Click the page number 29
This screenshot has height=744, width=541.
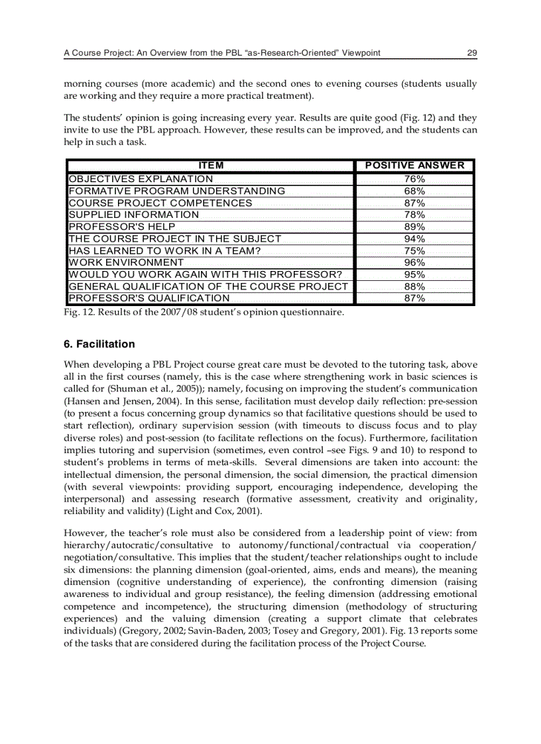coord(472,53)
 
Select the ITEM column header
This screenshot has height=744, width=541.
coord(211,166)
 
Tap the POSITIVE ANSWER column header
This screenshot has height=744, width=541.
coord(415,166)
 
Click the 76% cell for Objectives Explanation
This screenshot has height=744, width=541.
coord(415,179)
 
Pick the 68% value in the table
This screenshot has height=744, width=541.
coord(415,191)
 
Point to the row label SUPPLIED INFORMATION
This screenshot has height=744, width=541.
coord(134,215)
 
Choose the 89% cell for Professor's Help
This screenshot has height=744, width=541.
coord(415,227)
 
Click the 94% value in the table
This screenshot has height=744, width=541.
coord(415,239)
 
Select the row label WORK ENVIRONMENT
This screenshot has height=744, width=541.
coord(126,262)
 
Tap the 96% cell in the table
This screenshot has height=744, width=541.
coord(415,262)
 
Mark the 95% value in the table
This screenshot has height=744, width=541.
coord(415,274)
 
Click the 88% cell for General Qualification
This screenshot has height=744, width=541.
coord(415,286)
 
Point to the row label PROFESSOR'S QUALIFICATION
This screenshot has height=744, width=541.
coord(149,298)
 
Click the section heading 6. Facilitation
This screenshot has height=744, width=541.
coord(99,345)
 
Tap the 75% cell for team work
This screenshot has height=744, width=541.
coord(415,250)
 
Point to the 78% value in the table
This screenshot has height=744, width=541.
coord(415,215)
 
